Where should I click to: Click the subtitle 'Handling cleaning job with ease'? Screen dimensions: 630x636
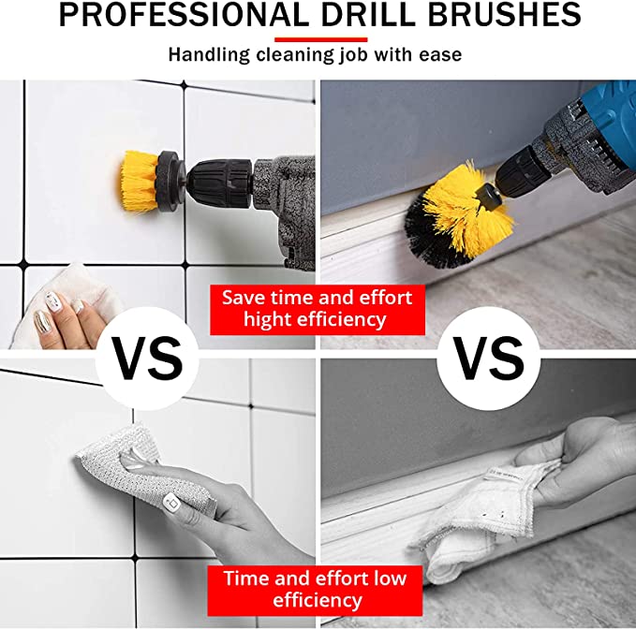315,54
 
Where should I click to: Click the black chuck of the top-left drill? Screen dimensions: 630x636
215,174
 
